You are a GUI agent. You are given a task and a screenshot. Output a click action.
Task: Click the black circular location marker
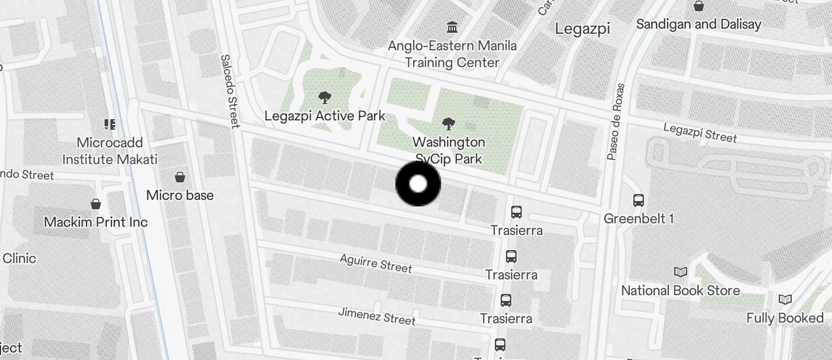[418, 184]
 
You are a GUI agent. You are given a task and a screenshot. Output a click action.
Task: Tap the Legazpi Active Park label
[325, 116]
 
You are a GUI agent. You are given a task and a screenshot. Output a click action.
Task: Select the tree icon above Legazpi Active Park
[324, 98]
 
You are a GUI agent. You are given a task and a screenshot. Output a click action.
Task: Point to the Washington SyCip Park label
[449, 150]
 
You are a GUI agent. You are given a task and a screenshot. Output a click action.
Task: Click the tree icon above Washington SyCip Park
[449, 123]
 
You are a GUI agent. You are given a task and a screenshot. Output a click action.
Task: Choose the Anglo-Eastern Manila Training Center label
[452, 54]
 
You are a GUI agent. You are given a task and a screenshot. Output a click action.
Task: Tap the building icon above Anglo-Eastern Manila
[452, 27]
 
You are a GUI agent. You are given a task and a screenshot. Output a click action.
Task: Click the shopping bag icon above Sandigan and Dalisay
[698, 6]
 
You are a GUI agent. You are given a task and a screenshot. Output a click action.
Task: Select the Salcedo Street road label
[230, 91]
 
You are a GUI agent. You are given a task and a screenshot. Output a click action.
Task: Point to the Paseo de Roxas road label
[616, 122]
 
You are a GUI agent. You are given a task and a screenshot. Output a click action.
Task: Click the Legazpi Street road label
[700, 133]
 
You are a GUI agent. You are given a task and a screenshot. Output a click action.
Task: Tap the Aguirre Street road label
[376, 263]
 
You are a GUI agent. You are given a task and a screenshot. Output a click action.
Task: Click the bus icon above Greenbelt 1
[639, 200]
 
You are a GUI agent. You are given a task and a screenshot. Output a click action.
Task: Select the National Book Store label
[680, 290]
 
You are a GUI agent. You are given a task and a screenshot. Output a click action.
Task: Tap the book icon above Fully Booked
[785, 299]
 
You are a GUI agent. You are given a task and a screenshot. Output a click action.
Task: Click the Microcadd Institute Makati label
[110, 151]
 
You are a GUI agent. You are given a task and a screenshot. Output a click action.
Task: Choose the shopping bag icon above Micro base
[180, 176]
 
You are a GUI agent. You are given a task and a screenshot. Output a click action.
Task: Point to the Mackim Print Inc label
[96, 222]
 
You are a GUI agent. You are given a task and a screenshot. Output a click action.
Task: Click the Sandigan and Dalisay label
[698, 25]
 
